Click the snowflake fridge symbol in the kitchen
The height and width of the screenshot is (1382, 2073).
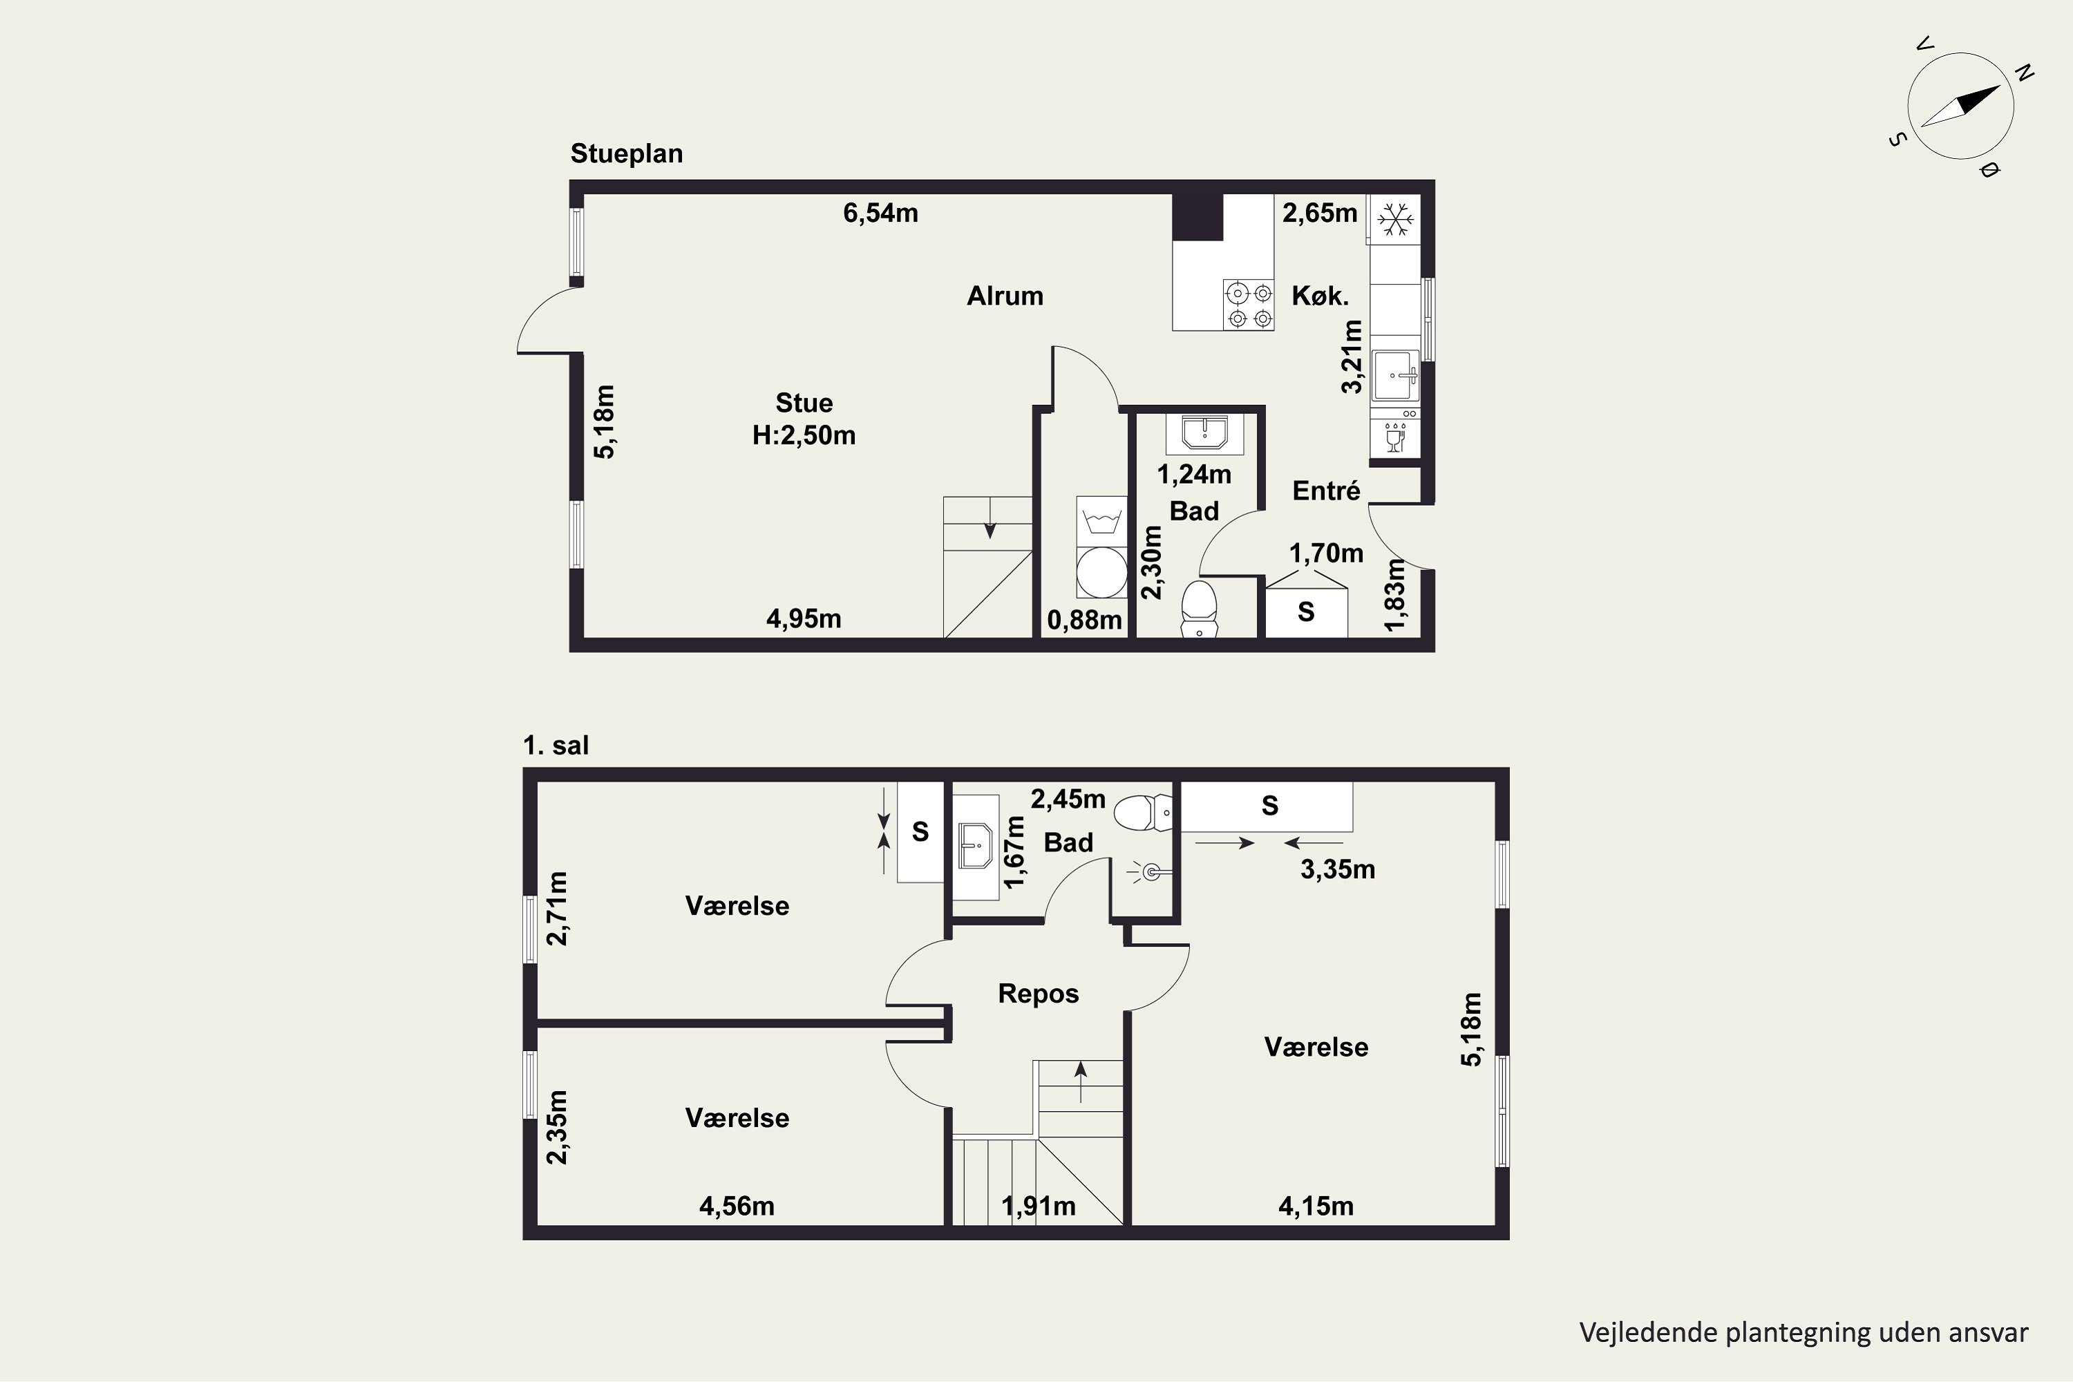[1395, 218]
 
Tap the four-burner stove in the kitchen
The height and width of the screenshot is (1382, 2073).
[1249, 305]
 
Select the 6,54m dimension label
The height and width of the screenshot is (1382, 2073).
[880, 214]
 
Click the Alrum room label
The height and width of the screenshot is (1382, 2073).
[1005, 296]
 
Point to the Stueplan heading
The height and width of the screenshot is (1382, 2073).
[627, 154]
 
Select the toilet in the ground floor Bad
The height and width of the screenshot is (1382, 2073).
[1199, 608]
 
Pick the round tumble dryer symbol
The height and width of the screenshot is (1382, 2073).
[1101, 572]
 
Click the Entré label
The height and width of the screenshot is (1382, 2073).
[1327, 491]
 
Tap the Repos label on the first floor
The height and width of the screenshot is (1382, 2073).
[1039, 994]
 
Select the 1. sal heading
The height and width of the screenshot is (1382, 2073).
[556, 746]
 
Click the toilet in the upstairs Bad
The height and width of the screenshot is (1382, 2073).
[1143, 812]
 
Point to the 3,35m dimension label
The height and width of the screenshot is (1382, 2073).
[1338, 870]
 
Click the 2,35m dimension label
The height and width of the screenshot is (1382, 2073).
[557, 1126]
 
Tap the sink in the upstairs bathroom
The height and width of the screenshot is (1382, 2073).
[976, 846]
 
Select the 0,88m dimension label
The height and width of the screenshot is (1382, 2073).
[1084, 621]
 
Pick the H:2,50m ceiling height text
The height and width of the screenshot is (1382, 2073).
[804, 435]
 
